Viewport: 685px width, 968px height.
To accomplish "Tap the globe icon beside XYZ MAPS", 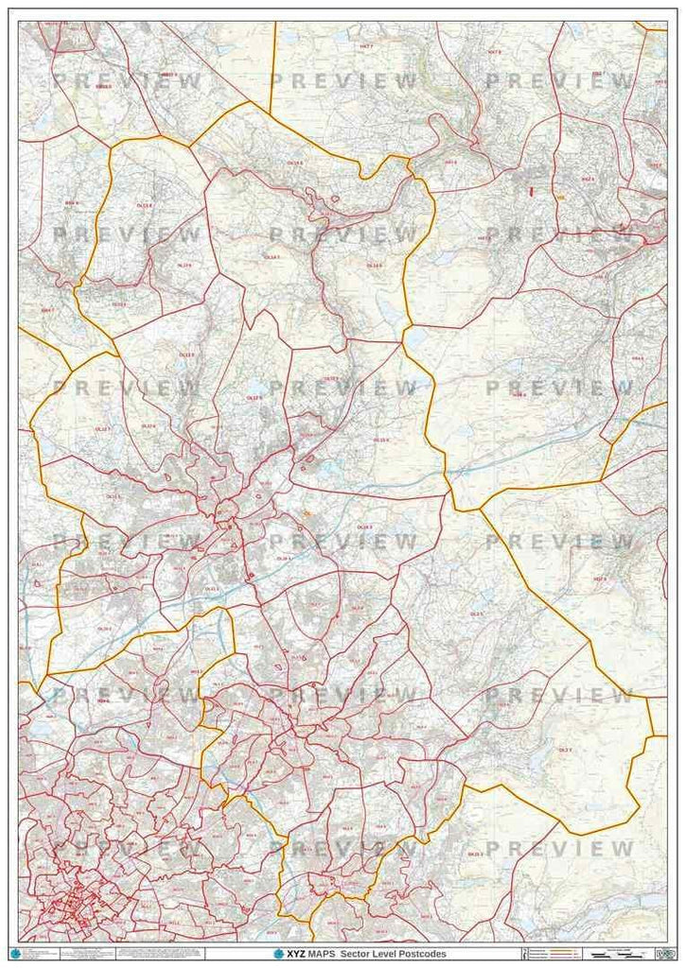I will (278, 954).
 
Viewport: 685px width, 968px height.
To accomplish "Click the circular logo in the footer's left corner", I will (13, 952).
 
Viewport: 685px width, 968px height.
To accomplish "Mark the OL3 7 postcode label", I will (565, 749).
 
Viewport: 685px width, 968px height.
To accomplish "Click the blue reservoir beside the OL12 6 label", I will (254, 386).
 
